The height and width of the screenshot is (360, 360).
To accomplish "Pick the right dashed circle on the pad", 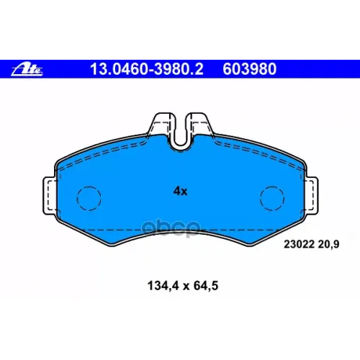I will [x=272, y=197].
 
